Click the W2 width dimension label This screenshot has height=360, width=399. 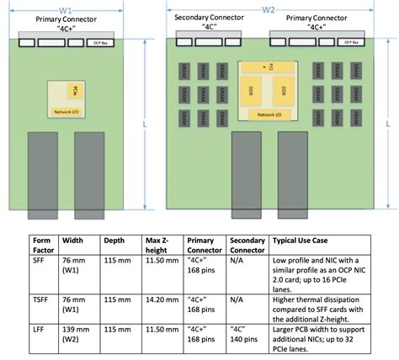[x=269, y=9]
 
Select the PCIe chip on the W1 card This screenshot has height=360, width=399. [x=75, y=89]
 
